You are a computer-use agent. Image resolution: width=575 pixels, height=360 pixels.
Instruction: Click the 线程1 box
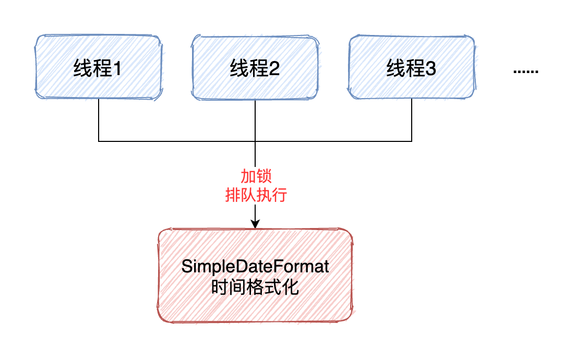[99, 67]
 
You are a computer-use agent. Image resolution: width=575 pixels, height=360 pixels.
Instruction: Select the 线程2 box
[255, 67]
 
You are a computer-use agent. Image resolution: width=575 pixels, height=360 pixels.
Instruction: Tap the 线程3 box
[412, 67]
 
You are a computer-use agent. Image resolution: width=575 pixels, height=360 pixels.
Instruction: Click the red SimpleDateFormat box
[255, 275]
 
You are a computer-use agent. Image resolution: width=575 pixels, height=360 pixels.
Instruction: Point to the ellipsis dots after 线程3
[525, 71]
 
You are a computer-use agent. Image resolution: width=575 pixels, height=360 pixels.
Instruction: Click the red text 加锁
[256, 176]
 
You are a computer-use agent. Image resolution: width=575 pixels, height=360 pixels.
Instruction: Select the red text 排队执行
[256, 196]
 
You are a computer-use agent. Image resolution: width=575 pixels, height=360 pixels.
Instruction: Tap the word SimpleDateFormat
[255, 267]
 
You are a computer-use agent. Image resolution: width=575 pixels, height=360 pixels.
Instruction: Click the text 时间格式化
[255, 287]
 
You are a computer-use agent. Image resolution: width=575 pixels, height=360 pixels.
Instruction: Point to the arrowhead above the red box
[255, 224]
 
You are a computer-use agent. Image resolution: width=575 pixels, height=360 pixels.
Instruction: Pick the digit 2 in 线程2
[274, 69]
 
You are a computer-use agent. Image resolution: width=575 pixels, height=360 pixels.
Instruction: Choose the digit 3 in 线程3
[430, 69]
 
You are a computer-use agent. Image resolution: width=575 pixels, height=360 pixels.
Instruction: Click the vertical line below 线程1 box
[99, 120]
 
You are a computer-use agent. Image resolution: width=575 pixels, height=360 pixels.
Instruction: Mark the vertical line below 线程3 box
[412, 120]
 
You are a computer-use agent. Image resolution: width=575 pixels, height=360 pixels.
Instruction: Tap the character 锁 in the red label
[265, 176]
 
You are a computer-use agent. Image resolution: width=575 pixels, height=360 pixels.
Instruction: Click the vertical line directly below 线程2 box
[255, 120]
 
